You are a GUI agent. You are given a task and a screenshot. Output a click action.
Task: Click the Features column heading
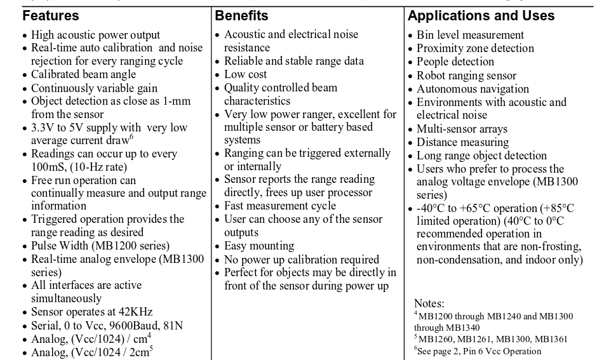(x=51, y=16)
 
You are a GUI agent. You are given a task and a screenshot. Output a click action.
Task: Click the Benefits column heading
(x=241, y=16)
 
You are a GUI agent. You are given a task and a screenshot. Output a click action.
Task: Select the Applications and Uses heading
(x=481, y=16)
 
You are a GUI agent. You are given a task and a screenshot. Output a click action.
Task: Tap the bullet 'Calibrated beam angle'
(x=83, y=75)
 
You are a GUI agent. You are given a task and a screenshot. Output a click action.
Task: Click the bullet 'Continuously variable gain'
(x=94, y=88)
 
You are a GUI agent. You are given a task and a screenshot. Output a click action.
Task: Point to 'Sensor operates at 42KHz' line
(x=91, y=312)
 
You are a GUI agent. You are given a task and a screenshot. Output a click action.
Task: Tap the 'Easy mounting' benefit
(x=258, y=246)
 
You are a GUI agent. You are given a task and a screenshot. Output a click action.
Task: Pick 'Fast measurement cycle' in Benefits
(x=280, y=206)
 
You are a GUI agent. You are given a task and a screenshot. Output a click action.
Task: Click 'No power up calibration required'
(x=301, y=259)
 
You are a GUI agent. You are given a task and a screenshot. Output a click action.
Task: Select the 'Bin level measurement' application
(x=470, y=35)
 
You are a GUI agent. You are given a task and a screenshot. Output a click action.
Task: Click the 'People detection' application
(x=455, y=62)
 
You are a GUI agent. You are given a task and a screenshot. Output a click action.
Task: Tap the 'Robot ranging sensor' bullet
(x=466, y=76)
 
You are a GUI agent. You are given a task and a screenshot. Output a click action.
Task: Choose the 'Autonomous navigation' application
(x=473, y=89)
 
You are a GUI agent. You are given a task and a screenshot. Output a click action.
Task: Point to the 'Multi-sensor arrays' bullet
(x=462, y=129)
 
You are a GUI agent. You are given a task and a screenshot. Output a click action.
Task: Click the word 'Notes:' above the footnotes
(x=429, y=304)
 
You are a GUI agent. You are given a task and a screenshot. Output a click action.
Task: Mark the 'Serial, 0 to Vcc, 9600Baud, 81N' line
(x=107, y=326)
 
